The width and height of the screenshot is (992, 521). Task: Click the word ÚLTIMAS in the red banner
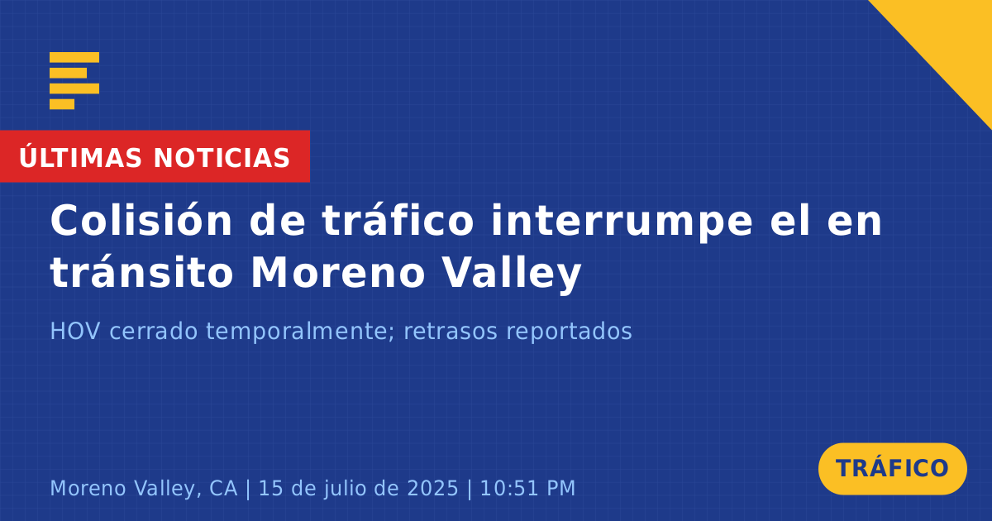tap(80, 156)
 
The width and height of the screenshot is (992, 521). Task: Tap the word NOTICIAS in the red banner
tap(222, 158)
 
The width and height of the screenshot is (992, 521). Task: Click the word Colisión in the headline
tap(141, 220)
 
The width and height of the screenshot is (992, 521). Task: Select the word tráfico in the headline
tap(398, 220)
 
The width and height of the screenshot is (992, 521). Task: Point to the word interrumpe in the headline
tap(622, 222)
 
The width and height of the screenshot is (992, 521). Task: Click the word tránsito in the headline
tap(141, 272)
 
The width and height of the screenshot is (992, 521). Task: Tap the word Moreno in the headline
tap(338, 272)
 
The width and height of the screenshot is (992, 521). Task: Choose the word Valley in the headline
tap(512, 274)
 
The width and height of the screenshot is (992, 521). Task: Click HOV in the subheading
tap(75, 331)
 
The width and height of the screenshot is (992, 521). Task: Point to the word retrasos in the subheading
tap(451, 332)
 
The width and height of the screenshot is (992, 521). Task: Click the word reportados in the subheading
tap(569, 332)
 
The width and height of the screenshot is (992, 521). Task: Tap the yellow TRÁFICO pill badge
tap(892, 469)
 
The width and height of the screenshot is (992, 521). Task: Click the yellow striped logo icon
tap(74, 81)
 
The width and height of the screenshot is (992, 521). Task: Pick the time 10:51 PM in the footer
tap(528, 488)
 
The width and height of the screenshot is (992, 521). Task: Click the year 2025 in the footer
tap(432, 488)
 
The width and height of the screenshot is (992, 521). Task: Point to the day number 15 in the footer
tap(270, 488)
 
